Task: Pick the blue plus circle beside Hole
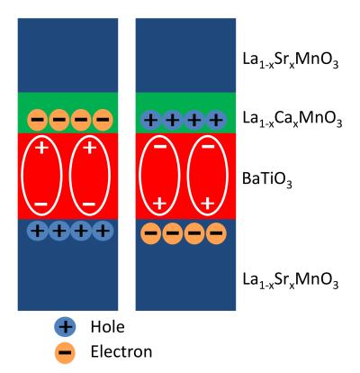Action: point(65,327)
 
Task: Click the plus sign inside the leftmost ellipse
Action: point(40,147)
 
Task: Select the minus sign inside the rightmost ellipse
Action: point(208,146)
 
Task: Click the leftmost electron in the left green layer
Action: point(37,119)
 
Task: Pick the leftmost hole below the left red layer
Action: point(37,231)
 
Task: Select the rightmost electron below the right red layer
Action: point(214,232)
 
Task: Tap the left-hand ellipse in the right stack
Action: point(158,177)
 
